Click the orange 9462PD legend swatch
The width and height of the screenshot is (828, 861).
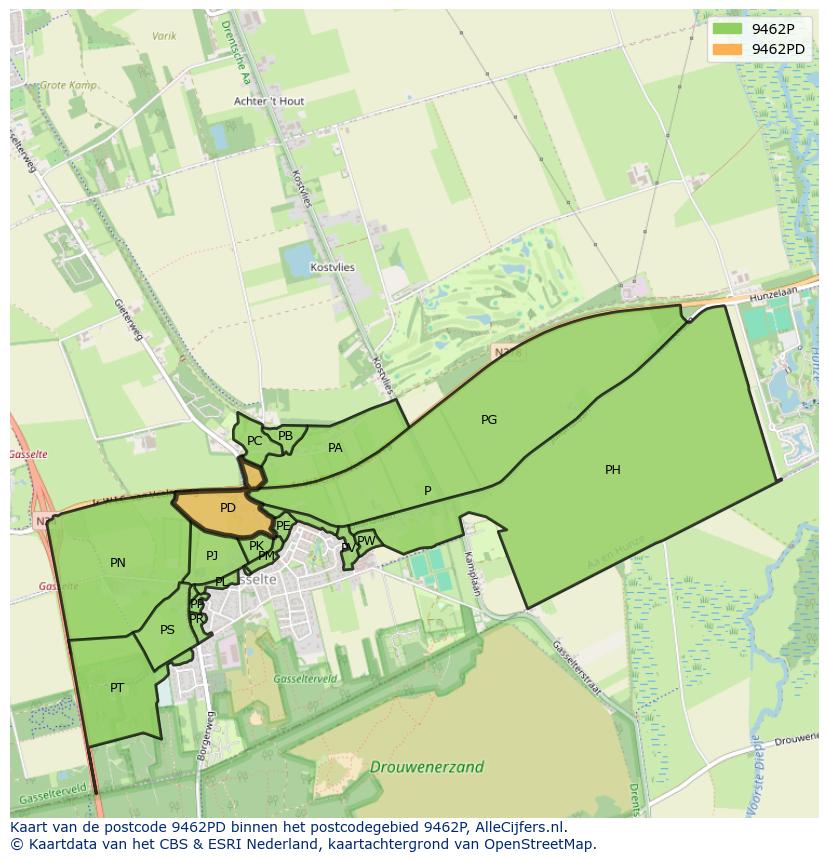tap(727, 49)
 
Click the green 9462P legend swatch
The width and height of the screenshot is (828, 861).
tap(727, 29)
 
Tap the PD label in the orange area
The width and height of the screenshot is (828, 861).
tap(228, 508)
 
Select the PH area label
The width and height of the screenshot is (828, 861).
tap(613, 470)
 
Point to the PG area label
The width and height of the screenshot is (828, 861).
tap(489, 420)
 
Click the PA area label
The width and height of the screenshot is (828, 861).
tap(335, 448)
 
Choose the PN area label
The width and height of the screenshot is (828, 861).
tap(118, 563)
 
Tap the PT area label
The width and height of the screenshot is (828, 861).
tap(117, 688)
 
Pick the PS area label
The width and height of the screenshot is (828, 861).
tap(167, 630)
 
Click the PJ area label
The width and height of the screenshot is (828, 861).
tap(212, 556)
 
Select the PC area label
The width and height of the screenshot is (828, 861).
tap(254, 441)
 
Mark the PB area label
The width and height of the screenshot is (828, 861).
tap(286, 436)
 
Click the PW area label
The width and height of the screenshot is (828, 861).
tap(366, 541)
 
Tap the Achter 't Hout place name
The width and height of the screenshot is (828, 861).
tap(269, 102)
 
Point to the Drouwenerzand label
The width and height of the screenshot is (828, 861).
tap(427, 767)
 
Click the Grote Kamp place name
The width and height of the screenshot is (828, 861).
tap(68, 86)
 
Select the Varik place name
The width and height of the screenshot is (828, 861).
tap(164, 36)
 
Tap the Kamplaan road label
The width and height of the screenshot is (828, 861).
tap(472, 574)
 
